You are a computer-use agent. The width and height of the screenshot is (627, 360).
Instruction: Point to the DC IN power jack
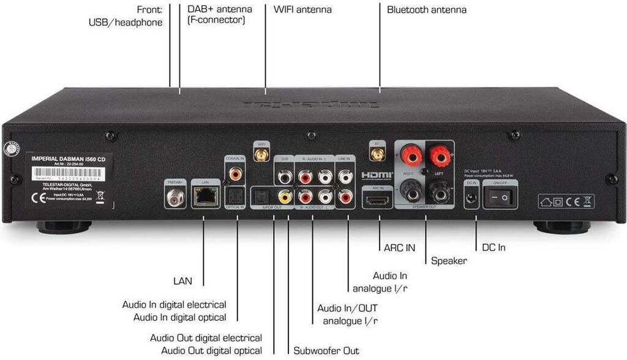472,198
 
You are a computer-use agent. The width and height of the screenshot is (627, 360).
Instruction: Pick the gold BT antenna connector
377,154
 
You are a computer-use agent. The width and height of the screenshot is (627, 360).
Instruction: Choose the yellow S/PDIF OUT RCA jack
284,197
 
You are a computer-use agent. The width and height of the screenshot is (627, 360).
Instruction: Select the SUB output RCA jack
284,177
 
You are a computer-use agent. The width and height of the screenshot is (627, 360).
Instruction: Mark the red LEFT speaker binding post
440,158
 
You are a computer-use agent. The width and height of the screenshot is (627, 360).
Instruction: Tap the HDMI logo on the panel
377,175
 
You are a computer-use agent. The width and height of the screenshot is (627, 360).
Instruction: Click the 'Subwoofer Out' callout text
326,351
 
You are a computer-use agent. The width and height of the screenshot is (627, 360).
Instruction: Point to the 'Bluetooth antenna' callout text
427,10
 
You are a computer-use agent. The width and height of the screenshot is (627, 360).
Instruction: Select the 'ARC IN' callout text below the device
399,248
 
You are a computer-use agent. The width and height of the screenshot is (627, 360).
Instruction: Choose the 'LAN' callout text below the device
182,282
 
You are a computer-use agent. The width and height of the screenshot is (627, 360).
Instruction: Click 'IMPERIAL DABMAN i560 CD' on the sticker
72,160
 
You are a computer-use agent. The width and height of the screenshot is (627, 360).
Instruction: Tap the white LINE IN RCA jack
345,178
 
